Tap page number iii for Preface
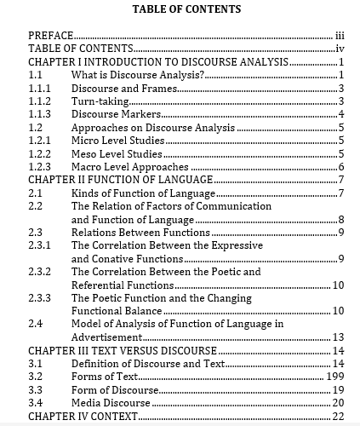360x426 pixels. click(339, 36)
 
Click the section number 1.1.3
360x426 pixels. click(40, 114)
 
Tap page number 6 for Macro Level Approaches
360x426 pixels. click(340, 167)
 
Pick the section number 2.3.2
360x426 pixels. click(40, 272)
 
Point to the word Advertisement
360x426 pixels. click(111, 337)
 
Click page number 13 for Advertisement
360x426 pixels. click(337, 337)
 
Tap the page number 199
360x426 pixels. click(334, 377)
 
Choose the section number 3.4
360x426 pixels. click(36, 402)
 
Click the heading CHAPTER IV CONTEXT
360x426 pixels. click(83, 416)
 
